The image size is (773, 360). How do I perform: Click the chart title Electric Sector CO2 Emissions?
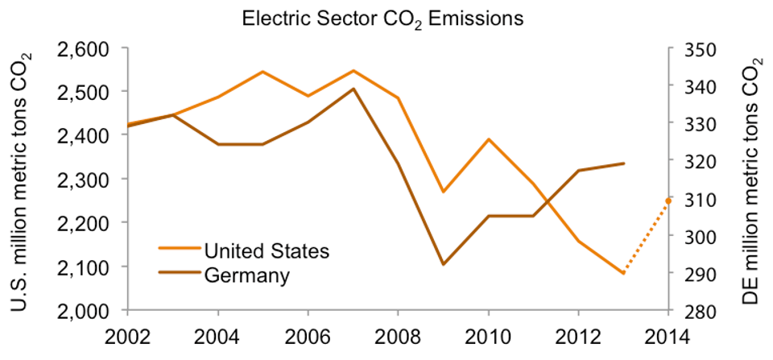[x=383, y=18]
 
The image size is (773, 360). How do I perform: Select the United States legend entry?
[x=267, y=250]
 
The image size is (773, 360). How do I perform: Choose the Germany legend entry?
[x=246, y=275]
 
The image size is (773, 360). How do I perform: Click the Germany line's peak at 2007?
[x=353, y=89]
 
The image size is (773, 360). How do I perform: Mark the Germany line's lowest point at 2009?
[x=443, y=264]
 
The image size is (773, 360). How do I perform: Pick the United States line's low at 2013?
[x=622, y=273]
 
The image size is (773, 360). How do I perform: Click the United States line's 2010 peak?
[x=488, y=139]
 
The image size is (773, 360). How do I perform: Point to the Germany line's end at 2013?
[x=622, y=163]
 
